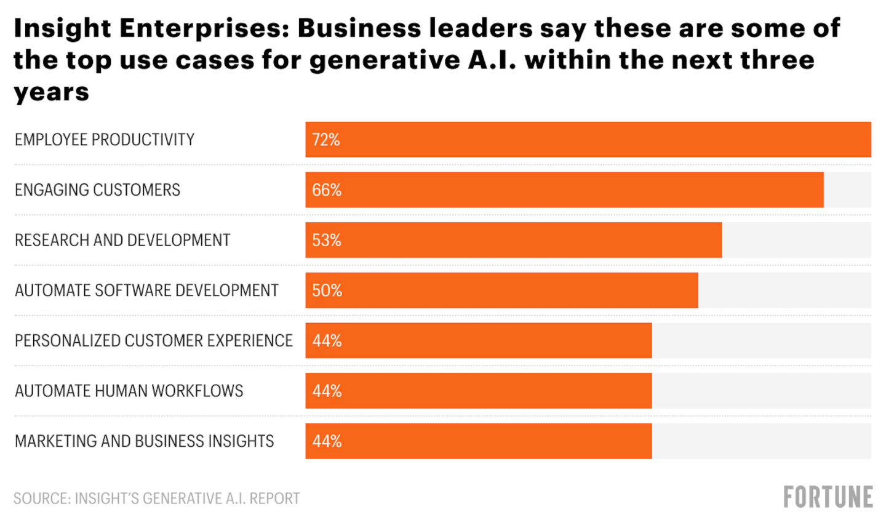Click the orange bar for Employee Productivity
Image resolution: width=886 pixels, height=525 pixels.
click(x=588, y=140)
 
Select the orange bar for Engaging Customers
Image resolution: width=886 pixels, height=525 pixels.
click(x=564, y=190)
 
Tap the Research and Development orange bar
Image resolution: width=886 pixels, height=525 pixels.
click(x=513, y=240)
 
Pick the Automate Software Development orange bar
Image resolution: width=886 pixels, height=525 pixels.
click(x=501, y=291)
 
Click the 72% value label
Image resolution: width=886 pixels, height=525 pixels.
click(x=326, y=140)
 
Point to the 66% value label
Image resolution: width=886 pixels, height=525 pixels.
click(x=327, y=190)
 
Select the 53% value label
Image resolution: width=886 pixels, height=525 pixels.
click(x=327, y=240)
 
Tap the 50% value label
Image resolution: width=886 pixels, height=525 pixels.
click(x=327, y=291)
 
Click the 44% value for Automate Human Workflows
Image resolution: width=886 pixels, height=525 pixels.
click(x=327, y=391)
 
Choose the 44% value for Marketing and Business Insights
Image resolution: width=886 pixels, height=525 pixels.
click(x=327, y=441)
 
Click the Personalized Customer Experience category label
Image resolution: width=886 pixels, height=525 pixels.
click(x=154, y=341)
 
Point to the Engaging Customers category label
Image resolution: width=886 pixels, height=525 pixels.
click(x=97, y=190)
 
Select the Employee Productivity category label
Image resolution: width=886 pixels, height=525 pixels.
click(x=105, y=140)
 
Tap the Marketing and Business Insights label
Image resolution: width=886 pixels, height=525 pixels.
click(x=145, y=441)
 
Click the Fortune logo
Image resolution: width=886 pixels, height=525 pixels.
click(x=828, y=497)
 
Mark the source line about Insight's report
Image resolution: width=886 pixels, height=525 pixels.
click(x=157, y=499)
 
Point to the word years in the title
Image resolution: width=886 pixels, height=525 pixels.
click(x=52, y=92)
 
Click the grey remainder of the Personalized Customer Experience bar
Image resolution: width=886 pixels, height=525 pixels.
click(x=761, y=341)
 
